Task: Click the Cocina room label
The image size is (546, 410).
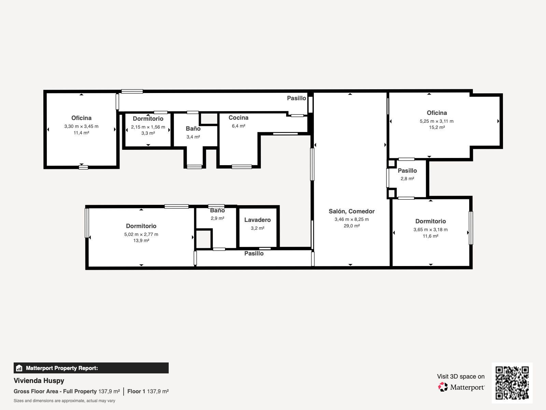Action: click(238, 118)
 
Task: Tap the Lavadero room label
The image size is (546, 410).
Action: click(257, 220)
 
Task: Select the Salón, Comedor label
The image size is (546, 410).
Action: click(351, 211)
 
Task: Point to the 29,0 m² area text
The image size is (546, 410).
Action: click(351, 226)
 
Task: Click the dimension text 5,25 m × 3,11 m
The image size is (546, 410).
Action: click(436, 121)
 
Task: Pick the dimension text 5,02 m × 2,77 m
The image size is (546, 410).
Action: click(141, 234)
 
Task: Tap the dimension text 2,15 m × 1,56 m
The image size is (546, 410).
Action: click(148, 127)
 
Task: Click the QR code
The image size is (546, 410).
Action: click(512, 383)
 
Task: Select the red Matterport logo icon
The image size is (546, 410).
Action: click(443, 387)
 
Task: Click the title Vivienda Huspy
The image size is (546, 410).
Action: click(39, 381)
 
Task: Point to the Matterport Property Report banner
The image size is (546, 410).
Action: click(91, 368)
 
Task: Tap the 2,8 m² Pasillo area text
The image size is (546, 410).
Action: click(407, 178)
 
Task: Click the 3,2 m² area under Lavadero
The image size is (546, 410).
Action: click(257, 228)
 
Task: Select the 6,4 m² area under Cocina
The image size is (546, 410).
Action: click(239, 126)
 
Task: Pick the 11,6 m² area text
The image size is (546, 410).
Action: click(430, 236)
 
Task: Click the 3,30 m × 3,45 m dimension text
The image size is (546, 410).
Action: click(81, 127)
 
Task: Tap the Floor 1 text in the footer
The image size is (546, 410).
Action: click(136, 391)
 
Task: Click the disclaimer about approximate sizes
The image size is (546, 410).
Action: click(64, 401)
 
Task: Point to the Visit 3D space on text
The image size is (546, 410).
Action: click(461, 376)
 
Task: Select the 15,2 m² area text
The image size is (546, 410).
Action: click(436, 128)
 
